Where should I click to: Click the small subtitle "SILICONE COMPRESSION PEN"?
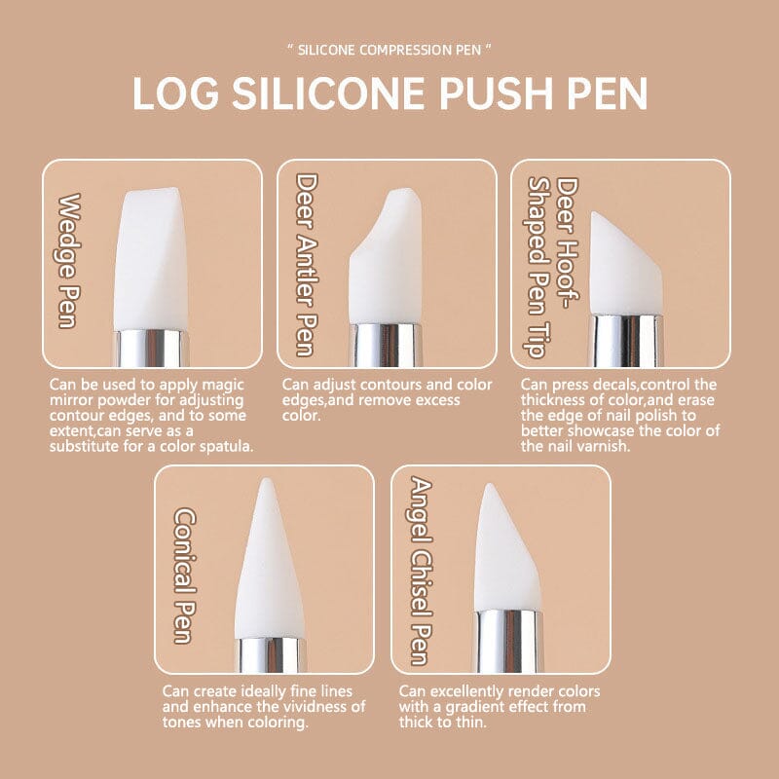point(389,49)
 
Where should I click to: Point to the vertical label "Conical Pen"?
point(183,575)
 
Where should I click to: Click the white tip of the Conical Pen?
point(268,565)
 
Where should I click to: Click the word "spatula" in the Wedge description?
point(223,447)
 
